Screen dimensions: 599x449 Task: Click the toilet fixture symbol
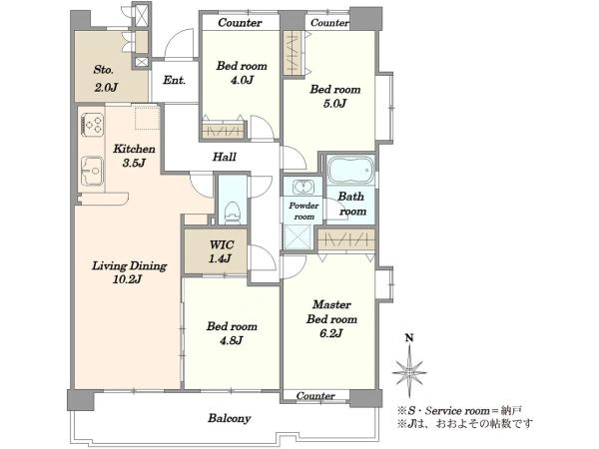click(233, 212)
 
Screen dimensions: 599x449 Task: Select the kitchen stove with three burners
click(92, 124)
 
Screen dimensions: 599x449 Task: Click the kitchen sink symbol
click(92, 171)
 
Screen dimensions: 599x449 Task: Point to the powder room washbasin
click(302, 188)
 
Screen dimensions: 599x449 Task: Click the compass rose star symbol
click(409, 371)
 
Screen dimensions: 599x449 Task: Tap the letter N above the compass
click(409, 338)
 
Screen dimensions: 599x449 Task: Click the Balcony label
click(230, 418)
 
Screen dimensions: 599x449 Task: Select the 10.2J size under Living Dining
click(127, 279)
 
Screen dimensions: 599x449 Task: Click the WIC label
click(222, 244)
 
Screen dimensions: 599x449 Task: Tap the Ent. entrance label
click(174, 80)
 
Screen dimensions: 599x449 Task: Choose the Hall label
click(225, 157)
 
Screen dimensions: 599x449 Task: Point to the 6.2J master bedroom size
click(331, 333)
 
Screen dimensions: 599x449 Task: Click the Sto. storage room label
click(104, 70)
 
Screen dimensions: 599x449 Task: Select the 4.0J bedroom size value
click(242, 80)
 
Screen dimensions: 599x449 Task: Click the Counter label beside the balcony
click(315, 396)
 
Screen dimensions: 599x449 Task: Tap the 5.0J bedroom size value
click(334, 104)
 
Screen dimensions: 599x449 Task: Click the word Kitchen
click(134, 149)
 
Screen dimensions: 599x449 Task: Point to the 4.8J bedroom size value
click(232, 340)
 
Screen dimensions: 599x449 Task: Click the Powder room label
click(304, 212)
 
